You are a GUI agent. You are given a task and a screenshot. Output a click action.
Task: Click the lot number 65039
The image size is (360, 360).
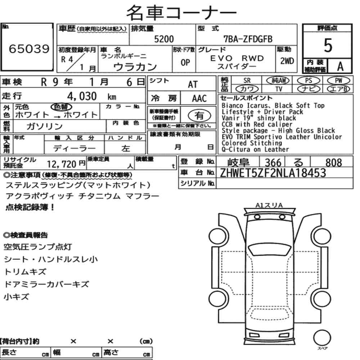29,49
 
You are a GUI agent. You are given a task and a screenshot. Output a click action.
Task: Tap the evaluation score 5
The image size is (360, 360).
328,45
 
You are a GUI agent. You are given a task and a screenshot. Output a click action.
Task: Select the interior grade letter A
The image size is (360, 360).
340,67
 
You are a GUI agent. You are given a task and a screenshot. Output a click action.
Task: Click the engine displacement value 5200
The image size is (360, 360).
164,39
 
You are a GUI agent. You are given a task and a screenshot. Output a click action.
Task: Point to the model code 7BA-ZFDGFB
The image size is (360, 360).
248,39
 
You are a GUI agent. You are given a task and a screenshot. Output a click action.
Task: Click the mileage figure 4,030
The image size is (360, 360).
82,96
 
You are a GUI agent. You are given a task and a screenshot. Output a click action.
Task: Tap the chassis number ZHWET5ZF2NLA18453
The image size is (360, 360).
273,173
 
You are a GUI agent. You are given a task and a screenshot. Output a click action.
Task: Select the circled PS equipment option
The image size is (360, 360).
309,81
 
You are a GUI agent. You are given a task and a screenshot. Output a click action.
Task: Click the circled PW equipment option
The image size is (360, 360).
338,81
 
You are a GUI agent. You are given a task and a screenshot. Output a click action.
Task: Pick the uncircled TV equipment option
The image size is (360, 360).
279,89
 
